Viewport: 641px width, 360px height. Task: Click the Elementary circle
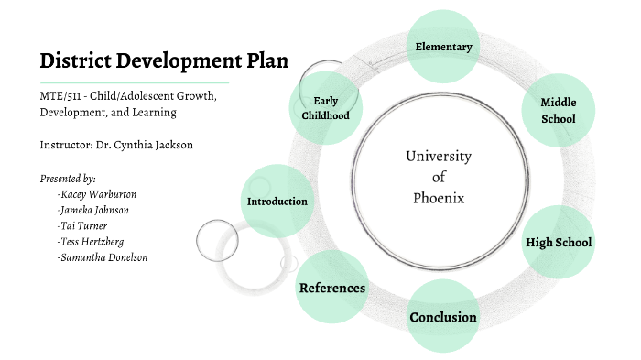[x=443, y=47]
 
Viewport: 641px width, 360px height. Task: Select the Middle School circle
[x=558, y=111]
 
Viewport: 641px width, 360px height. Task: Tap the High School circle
[x=558, y=243]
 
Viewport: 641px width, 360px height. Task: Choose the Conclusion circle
[x=443, y=317]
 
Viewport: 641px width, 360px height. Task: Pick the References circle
[x=331, y=288]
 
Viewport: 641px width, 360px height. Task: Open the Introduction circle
[x=277, y=201]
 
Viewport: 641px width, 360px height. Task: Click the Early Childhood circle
[x=326, y=108]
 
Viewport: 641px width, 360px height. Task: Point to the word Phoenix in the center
[x=439, y=197]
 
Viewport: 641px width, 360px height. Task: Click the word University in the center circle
[x=439, y=156]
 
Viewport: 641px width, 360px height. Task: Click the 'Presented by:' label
[x=69, y=178]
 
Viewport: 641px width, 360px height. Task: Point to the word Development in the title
[x=174, y=61]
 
